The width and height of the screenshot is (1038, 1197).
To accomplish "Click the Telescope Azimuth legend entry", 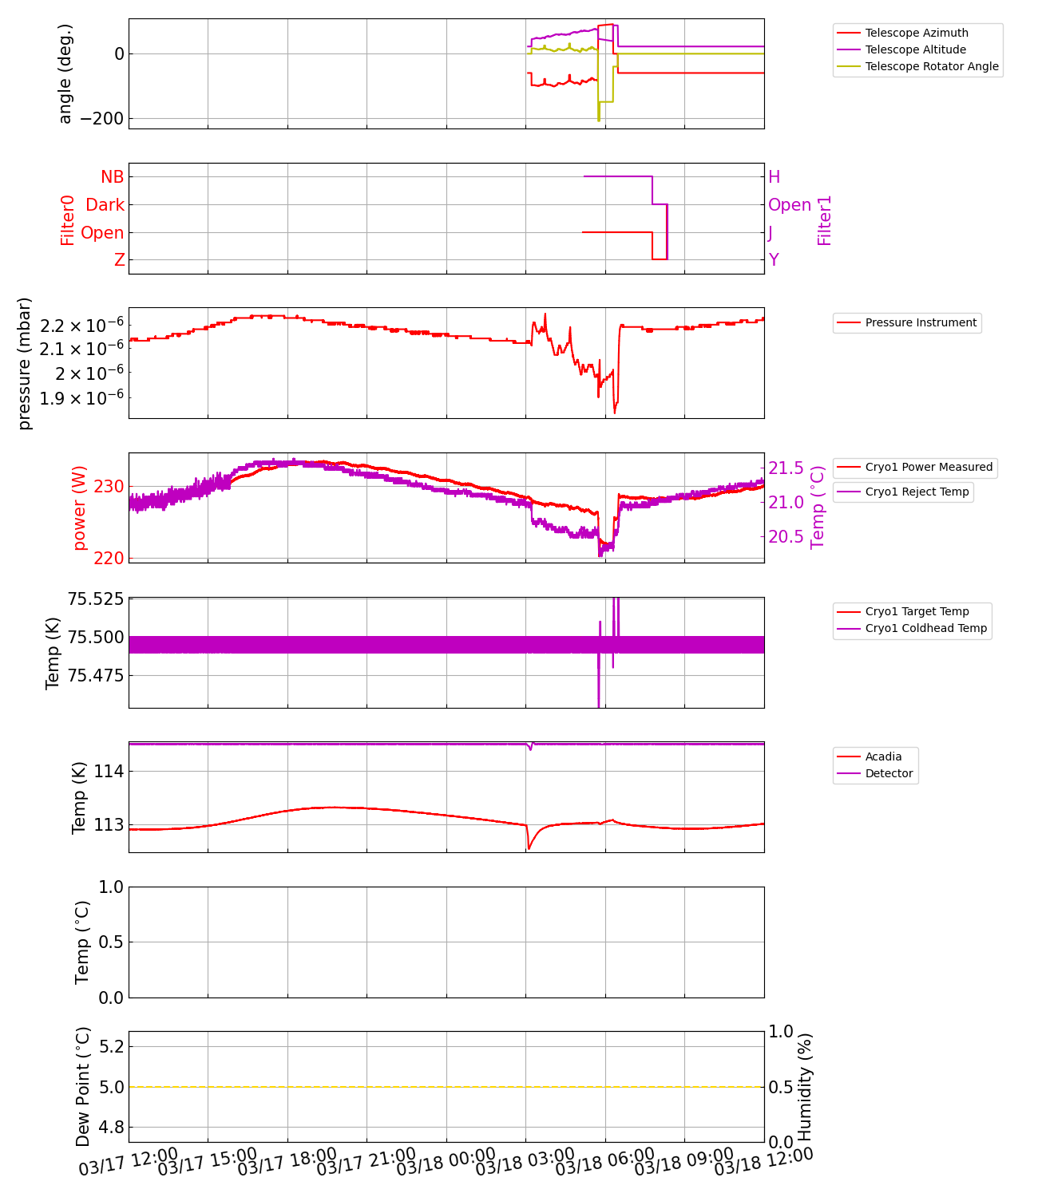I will click(917, 33).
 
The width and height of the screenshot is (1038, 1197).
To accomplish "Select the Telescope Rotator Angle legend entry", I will click(932, 66).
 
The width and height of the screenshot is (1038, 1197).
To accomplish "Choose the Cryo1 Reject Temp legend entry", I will click(917, 492).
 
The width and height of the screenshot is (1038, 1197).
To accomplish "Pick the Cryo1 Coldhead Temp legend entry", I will click(926, 628).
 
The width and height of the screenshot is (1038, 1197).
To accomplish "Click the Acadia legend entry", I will click(883, 757).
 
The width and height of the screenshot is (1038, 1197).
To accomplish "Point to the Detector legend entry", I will click(889, 773).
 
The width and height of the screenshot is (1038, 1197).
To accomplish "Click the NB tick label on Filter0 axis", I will click(113, 177).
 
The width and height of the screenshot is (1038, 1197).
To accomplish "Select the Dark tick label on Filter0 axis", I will click(105, 205).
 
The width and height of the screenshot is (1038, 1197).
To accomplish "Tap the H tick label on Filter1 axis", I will click(774, 177).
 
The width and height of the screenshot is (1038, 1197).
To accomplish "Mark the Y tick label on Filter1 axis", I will click(774, 260).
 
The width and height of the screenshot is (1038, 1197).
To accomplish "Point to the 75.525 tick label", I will click(96, 598).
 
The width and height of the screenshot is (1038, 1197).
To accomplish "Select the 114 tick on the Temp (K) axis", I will click(109, 772).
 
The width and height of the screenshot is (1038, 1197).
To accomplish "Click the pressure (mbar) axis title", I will click(25, 363).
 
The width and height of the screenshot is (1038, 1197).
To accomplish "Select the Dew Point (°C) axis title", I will click(83, 1087).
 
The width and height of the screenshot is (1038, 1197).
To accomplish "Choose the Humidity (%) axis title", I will click(805, 1087).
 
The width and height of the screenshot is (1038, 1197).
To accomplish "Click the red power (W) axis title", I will click(80, 508).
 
